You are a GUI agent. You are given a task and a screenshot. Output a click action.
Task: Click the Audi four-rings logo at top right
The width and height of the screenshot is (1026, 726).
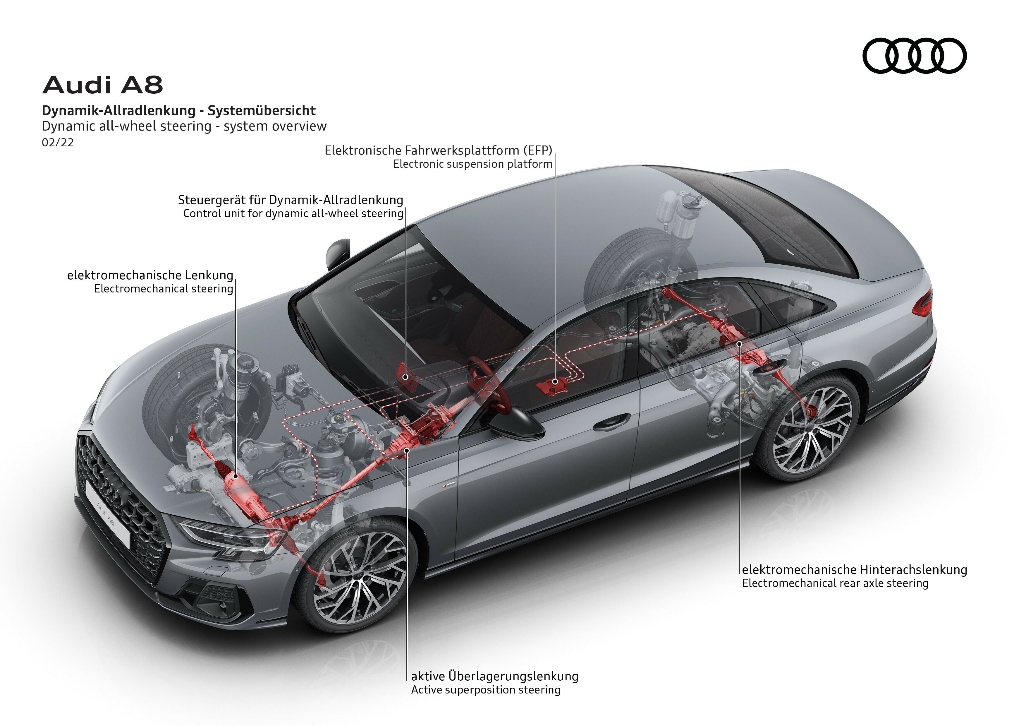click(914, 55)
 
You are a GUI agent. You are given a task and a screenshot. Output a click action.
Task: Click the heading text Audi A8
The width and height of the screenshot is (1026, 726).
click(102, 85)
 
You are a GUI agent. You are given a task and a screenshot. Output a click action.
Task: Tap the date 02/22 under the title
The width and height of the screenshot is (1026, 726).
click(58, 143)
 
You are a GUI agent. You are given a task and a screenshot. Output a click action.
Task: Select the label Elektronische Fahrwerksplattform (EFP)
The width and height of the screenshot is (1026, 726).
click(438, 150)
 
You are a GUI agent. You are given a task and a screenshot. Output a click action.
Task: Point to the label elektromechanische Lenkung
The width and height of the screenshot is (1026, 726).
click(150, 275)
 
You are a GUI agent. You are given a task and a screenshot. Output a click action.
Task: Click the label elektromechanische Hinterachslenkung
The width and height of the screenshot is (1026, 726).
click(854, 570)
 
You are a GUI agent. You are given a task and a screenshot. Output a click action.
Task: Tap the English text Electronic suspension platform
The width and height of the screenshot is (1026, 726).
click(473, 164)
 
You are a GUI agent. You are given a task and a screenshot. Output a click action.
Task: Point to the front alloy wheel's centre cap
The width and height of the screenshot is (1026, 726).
click(360, 577)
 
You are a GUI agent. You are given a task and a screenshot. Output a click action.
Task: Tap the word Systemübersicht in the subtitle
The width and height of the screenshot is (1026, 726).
click(262, 110)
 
